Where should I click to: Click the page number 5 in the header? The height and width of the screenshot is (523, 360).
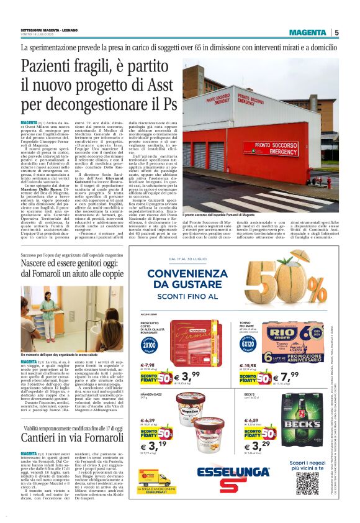click(x=336, y=32)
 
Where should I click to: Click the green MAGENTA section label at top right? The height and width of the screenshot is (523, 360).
click(x=307, y=32)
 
